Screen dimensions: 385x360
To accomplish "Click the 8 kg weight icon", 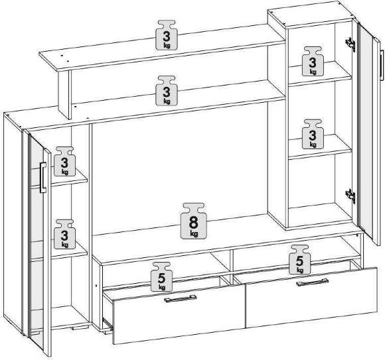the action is [x=194, y=221].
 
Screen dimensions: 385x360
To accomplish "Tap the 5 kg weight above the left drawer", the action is [x=161, y=276].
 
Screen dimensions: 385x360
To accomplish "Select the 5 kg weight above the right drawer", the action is [x=300, y=259].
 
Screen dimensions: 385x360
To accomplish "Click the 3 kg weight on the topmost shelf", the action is [x=167, y=35].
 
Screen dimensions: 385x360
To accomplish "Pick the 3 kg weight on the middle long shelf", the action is [x=167, y=91].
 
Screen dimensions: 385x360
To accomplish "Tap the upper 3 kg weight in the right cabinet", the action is [x=313, y=61].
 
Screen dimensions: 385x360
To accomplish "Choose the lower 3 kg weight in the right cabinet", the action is [x=313, y=134].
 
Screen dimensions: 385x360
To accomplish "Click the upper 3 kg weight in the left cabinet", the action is [x=64, y=161].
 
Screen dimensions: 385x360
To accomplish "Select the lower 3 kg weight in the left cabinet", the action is [x=64, y=234].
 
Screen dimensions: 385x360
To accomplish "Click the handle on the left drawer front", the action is [x=181, y=298].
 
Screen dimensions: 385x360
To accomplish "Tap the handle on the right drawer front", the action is [x=313, y=282].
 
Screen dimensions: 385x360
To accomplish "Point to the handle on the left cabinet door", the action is [x=42, y=177].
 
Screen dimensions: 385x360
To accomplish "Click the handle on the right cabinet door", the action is [x=382, y=65].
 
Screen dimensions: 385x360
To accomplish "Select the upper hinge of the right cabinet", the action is [x=350, y=44].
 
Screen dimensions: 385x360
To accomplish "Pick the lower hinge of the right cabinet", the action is [x=350, y=196].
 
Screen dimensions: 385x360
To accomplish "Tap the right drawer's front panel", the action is [x=311, y=297].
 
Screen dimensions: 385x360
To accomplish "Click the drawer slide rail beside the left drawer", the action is [x=108, y=324].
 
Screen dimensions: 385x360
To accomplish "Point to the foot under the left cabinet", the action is [x=80, y=327].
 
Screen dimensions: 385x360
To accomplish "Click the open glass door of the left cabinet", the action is [x=40, y=245].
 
